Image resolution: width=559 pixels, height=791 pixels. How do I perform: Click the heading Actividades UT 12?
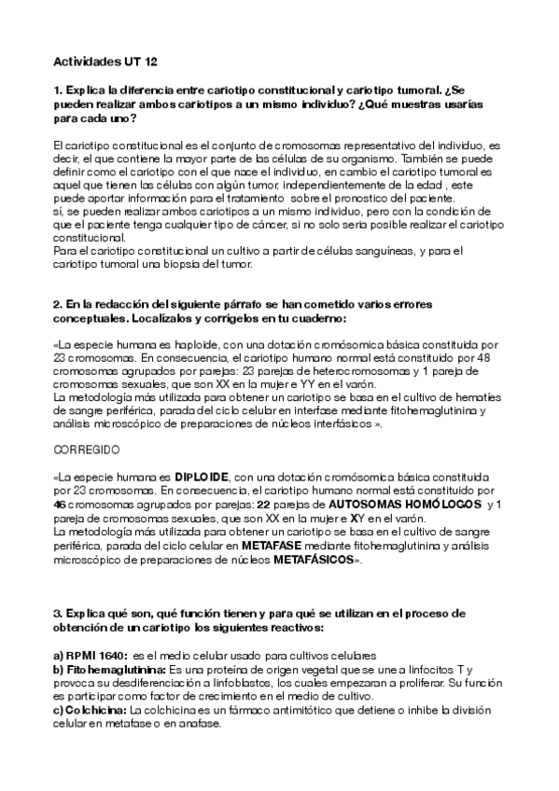(105, 62)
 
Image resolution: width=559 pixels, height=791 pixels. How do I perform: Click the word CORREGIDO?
(86, 449)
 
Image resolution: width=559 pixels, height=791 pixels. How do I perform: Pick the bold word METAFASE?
(271, 541)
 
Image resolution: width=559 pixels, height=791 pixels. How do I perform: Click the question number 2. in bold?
(59, 304)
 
